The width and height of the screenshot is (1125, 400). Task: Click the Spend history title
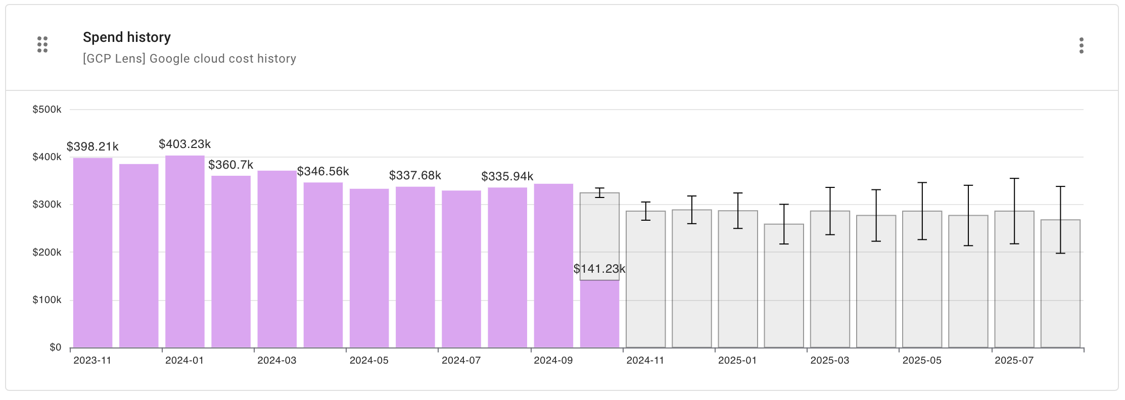127,37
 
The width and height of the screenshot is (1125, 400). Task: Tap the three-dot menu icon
1081,45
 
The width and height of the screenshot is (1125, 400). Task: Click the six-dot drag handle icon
42,44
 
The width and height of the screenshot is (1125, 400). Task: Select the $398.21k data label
92,147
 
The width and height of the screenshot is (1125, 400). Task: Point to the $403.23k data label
185,144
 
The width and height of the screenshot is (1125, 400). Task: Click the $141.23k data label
599,269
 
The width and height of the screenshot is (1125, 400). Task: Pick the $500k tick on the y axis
47,110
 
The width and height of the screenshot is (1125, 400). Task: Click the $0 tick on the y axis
56,347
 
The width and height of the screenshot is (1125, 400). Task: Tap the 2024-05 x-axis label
369,361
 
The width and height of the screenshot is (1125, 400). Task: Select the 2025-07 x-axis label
1014,361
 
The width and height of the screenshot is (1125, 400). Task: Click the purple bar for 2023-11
93,253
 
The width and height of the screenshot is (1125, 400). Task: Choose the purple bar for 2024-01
185,253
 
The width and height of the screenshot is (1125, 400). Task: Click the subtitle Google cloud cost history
190,59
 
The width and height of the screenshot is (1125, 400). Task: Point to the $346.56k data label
323,172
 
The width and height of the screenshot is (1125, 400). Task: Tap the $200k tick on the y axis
47,253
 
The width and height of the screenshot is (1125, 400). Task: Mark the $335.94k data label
507,177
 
